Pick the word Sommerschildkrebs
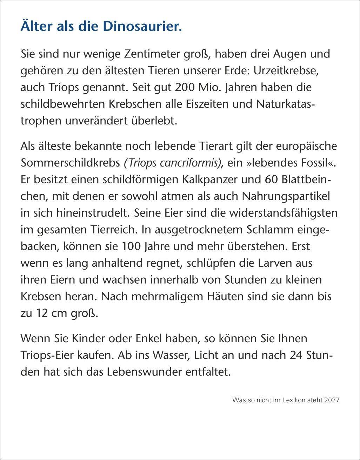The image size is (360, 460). (70, 163)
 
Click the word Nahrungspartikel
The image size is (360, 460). (286, 196)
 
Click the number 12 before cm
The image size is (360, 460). (41, 313)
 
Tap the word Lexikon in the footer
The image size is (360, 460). (295, 400)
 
